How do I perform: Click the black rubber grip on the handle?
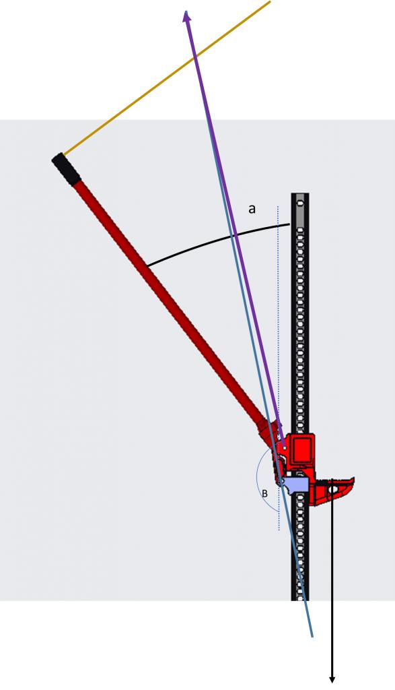pyautogui.click(x=66, y=169)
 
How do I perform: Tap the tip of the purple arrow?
pyautogui.click(x=187, y=11)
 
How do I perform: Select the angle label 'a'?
pyautogui.click(x=252, y=209)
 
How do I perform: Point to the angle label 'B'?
pyautogui.click(x=264, y=494)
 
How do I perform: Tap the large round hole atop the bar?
pyautogui.click(x=300, y=203)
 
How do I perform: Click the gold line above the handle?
pyautogui.click(x=167, y=78)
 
